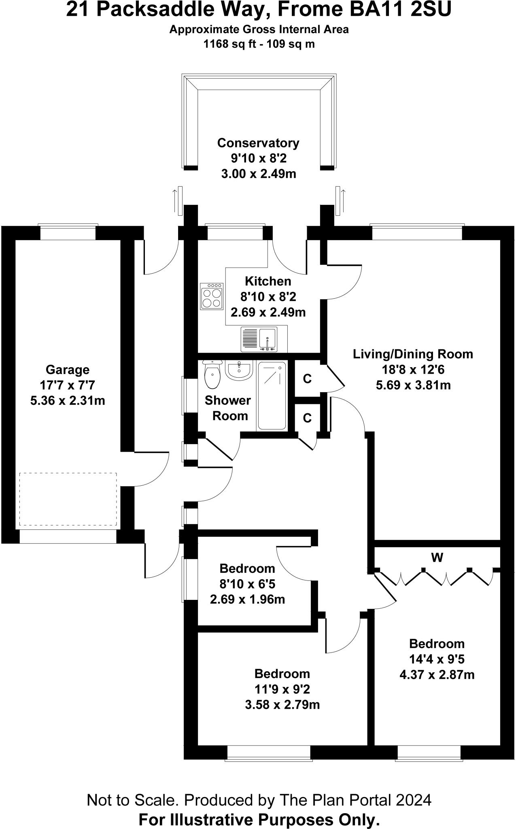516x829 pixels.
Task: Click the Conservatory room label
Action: tap(258, 143)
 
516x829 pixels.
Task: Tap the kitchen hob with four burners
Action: tap(212, 296)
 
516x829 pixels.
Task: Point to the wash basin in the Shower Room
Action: tap(240, 370)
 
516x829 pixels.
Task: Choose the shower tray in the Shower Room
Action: tap(272, 395)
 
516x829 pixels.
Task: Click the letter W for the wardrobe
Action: tap(437, 558)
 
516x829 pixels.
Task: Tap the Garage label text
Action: tap(68, 370)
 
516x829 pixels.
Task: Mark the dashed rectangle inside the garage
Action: tap(68, 499)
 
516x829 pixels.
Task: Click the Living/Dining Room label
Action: tap(413, 354)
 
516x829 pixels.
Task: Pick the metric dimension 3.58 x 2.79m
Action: tap(282, 705)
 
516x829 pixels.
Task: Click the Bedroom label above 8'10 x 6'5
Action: tap(247, 568)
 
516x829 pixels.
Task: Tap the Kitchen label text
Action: tap(268, 281)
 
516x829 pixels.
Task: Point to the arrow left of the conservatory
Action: tap(176, 201)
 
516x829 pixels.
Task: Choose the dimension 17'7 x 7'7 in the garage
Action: tap(68, 385)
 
